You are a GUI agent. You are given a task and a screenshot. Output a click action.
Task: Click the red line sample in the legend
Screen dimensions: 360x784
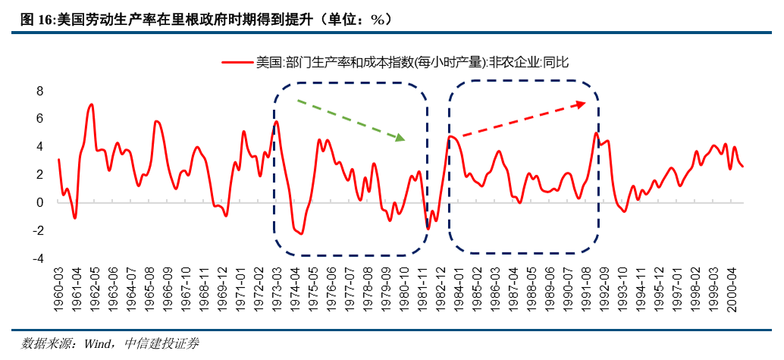click(x=237, y=63)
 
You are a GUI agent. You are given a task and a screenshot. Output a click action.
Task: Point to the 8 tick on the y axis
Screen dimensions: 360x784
click(x=40, y=91)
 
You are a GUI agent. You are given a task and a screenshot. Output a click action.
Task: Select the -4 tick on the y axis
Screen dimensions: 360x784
click(x=38, y=258)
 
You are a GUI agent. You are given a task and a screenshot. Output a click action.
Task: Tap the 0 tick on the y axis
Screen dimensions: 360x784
click(x=40, y=202)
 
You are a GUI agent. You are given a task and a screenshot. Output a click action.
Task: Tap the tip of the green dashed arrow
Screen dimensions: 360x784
click(x=406, y=140)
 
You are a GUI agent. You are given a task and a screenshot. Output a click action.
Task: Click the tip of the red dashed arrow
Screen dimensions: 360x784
click(x=585, y=103)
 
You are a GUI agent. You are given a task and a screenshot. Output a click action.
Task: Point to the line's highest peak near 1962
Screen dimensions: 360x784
click(x=91, y=105)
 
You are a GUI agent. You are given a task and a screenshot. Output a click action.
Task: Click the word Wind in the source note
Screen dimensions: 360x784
click(x=98, y=344)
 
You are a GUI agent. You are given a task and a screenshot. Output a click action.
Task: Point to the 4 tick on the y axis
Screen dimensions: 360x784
click(x=40, y=146)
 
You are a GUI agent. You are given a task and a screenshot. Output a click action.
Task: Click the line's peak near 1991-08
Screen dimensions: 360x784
click(x=596, y=134)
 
